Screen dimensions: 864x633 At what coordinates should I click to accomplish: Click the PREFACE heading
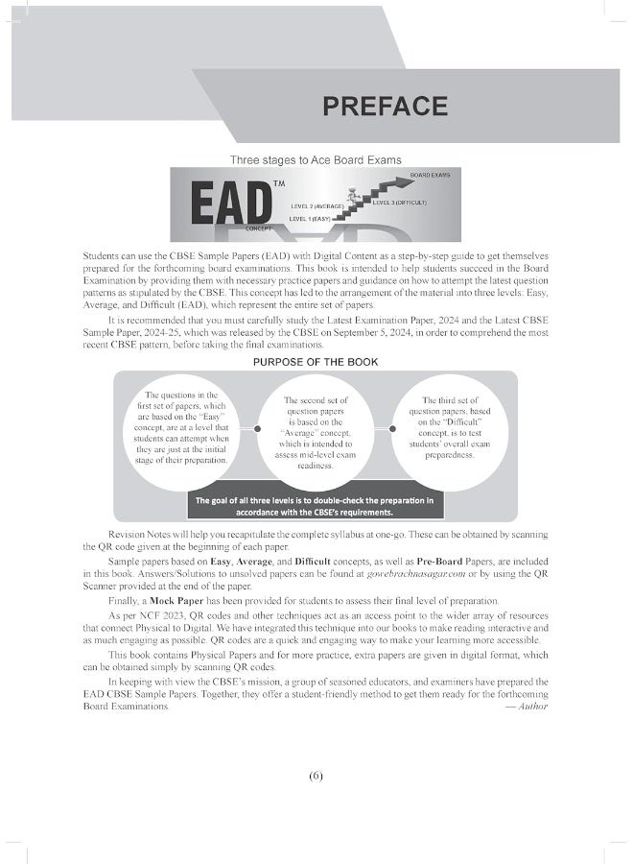[x=385, y=106]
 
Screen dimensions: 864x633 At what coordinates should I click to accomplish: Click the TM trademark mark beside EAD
[x=279, y=182]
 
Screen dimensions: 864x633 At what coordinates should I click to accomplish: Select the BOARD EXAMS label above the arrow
[x=430, y=175]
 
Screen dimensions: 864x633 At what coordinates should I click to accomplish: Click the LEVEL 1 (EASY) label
[x=310, y=219]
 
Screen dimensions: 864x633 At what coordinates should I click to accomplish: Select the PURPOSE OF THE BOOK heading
[x=316, y=362]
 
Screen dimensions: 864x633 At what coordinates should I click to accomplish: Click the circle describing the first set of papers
[x=186, y=427]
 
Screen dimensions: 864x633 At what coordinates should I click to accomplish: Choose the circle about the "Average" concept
[x=316, y=432]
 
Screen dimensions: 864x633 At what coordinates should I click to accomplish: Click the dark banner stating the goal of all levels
[x=316, y=505]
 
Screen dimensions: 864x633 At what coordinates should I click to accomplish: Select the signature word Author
[x=531, y=706]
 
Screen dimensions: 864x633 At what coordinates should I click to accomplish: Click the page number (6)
[x=316, y=776]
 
